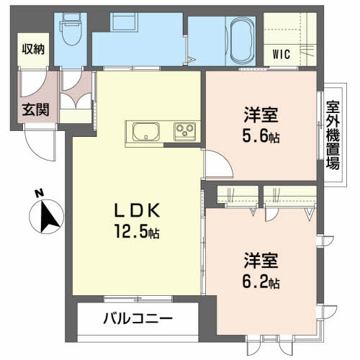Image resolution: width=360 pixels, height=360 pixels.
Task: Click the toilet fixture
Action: tap(71, 29)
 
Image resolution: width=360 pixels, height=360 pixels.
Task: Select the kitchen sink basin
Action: tap(146, 132)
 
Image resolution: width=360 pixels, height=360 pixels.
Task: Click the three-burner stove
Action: tap(185, 131)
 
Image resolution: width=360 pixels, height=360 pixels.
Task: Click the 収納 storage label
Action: tap(33, 49)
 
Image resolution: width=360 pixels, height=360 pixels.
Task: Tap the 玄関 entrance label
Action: tap(35, 109)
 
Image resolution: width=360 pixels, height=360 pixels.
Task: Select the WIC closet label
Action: tap(282, 54)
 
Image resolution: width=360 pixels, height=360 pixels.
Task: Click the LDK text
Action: tap(137, 210)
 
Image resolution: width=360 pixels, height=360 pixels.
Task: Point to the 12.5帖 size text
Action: tap(137, 231)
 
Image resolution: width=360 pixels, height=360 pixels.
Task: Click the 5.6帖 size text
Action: tap(261, 137)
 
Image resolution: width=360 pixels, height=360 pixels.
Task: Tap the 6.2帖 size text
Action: tap(261, 282)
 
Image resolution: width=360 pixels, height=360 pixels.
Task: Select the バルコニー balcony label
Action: tap(138, 319)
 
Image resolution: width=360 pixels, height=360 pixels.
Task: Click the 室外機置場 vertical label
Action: tap(333, 135)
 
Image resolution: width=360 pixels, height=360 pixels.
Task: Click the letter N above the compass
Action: tap(39, 194)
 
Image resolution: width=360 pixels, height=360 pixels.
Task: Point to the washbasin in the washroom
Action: tap(124, 21)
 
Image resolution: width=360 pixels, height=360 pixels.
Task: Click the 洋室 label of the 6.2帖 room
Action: tap(261, 261)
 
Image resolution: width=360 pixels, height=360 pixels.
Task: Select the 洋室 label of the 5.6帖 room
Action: tap(261, 114)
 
